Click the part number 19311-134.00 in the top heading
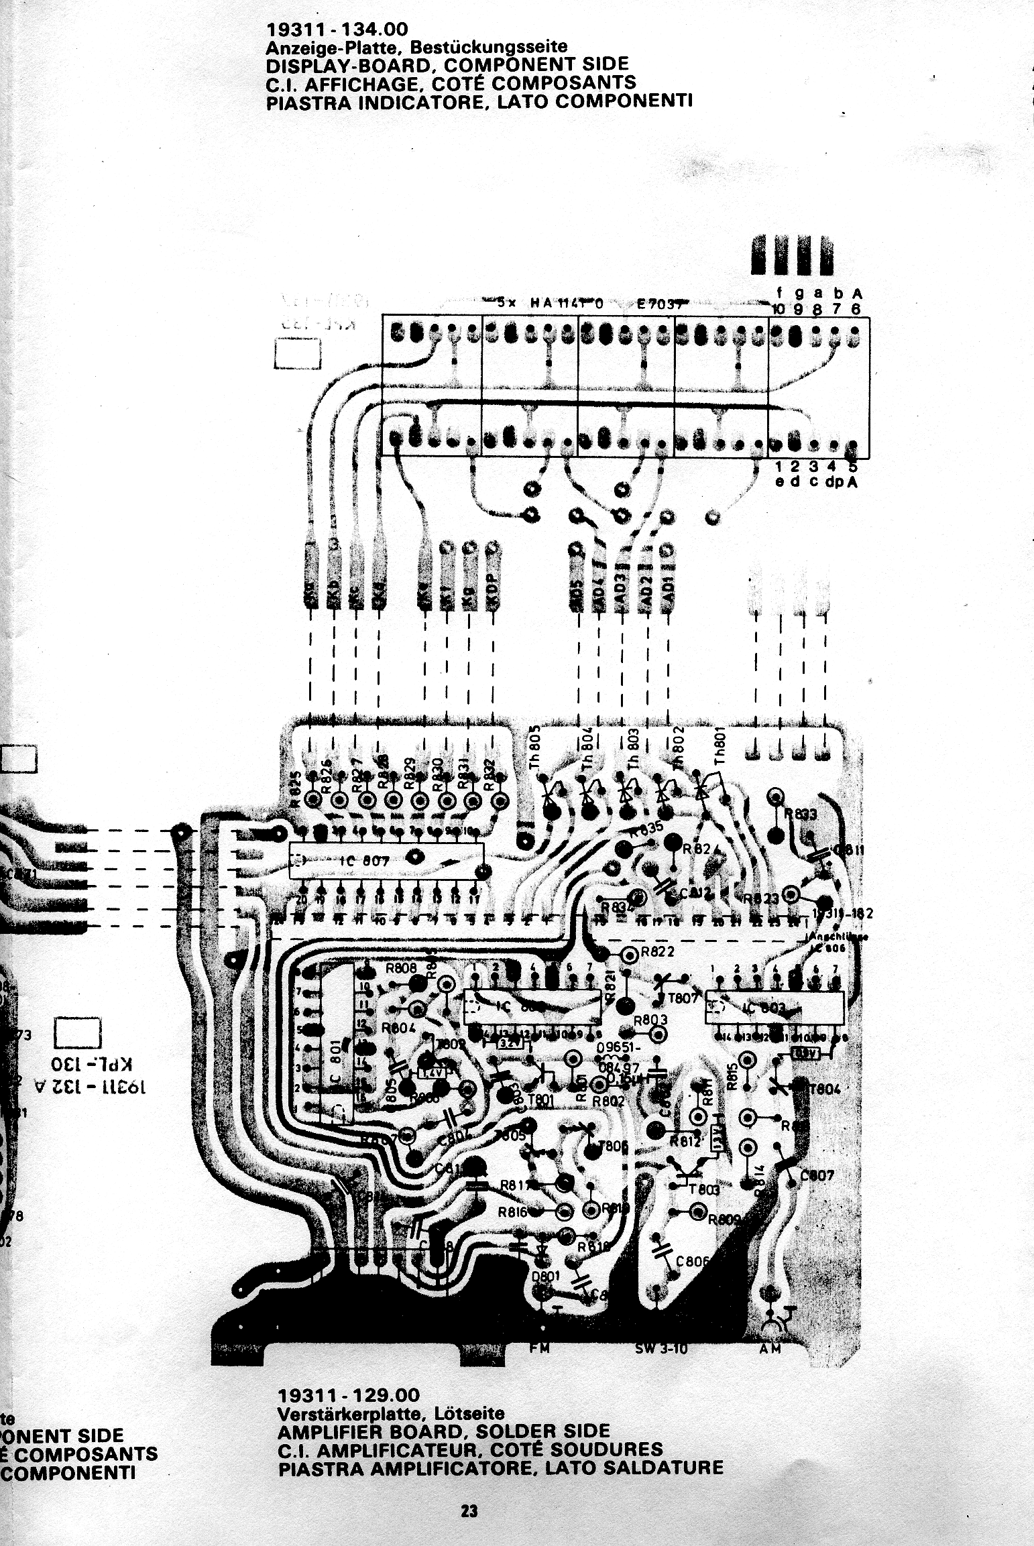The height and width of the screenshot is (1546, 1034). click(337, 29)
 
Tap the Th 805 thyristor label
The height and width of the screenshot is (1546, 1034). click(535, 748)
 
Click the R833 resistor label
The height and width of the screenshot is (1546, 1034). click(800, 815)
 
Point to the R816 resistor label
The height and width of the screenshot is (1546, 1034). click(513, 1212)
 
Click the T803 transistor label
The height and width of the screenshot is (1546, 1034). click(703, 1189)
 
